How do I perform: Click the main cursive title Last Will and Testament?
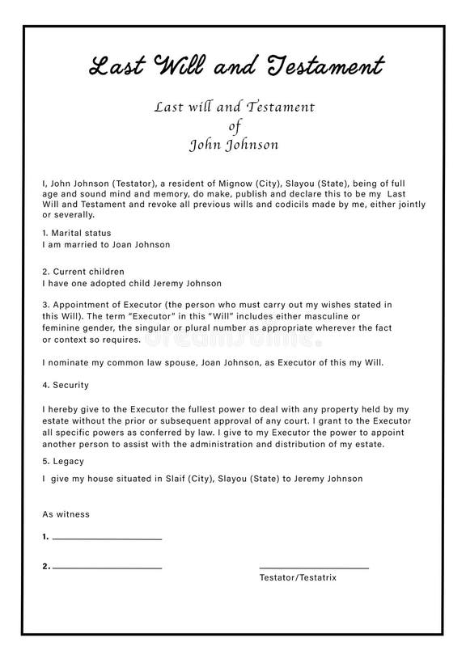point(235,65)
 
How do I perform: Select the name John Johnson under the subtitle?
point(233,146)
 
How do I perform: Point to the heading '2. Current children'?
point(83,272)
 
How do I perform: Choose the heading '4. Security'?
point(66,385)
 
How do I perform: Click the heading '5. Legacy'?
point(63,461)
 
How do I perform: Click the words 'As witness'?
point(66,514)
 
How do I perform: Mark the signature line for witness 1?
point(107,539)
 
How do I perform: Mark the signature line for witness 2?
point(107,568)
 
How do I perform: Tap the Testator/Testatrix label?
point(298,578)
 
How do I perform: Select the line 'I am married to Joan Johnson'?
point(106,244)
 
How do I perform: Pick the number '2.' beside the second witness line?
point(46,567)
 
